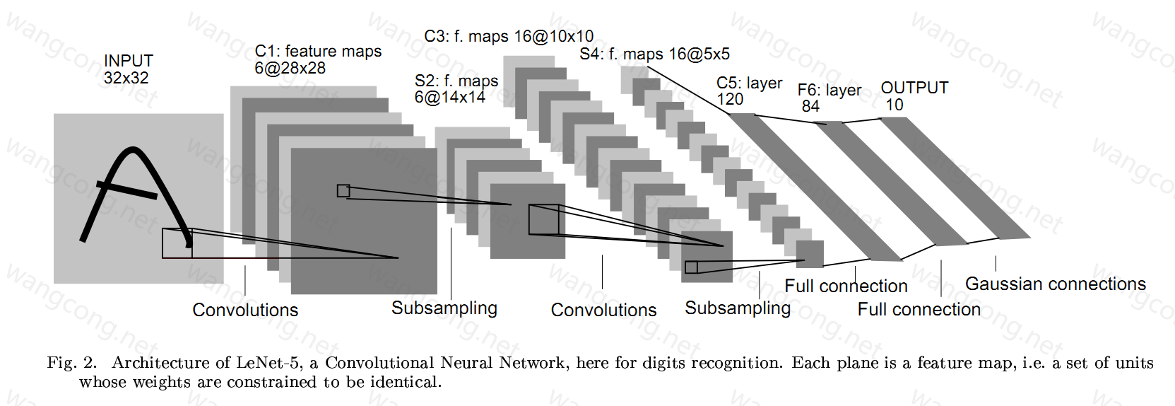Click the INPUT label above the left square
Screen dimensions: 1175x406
point(129,61)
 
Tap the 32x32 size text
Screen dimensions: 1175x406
point(126,79)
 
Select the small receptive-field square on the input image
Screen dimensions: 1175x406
point(177,243)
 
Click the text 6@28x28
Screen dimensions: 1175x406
point(290,69)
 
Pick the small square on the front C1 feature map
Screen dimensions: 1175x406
point(343,191)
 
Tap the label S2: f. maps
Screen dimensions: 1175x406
point(456,81)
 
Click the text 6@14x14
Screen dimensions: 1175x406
point(449,97)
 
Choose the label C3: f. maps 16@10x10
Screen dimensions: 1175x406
point(509,36)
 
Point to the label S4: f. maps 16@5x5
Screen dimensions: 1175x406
point(655,54)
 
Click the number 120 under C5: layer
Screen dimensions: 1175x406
point(730,99)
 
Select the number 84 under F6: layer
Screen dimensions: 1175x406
point(810,106)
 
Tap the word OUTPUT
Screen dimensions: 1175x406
point(914,88)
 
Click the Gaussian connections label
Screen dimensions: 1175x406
point(1056,284)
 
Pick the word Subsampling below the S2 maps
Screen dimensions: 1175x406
point(444,308)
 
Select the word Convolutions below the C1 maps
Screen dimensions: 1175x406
point(245,310)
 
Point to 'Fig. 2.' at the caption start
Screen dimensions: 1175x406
point(72,362)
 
